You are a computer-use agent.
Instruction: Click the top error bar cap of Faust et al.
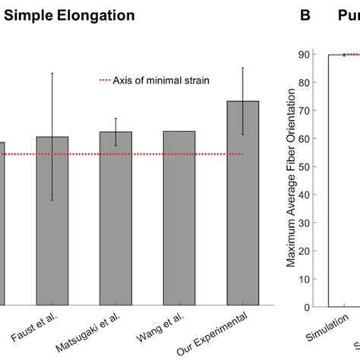pyautogui.click(x=52, y=73)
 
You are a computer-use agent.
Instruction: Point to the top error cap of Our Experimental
pyautogui.click(x=243, y=68)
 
